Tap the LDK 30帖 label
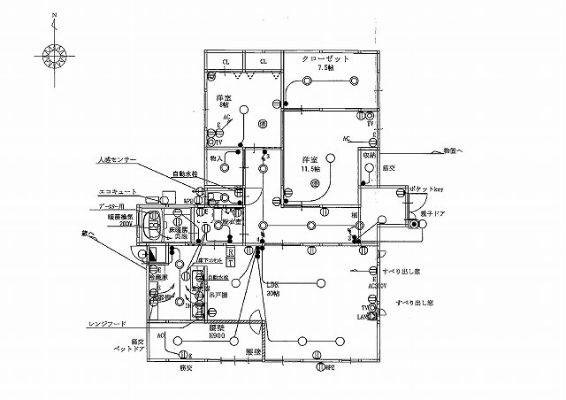[273, 288]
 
